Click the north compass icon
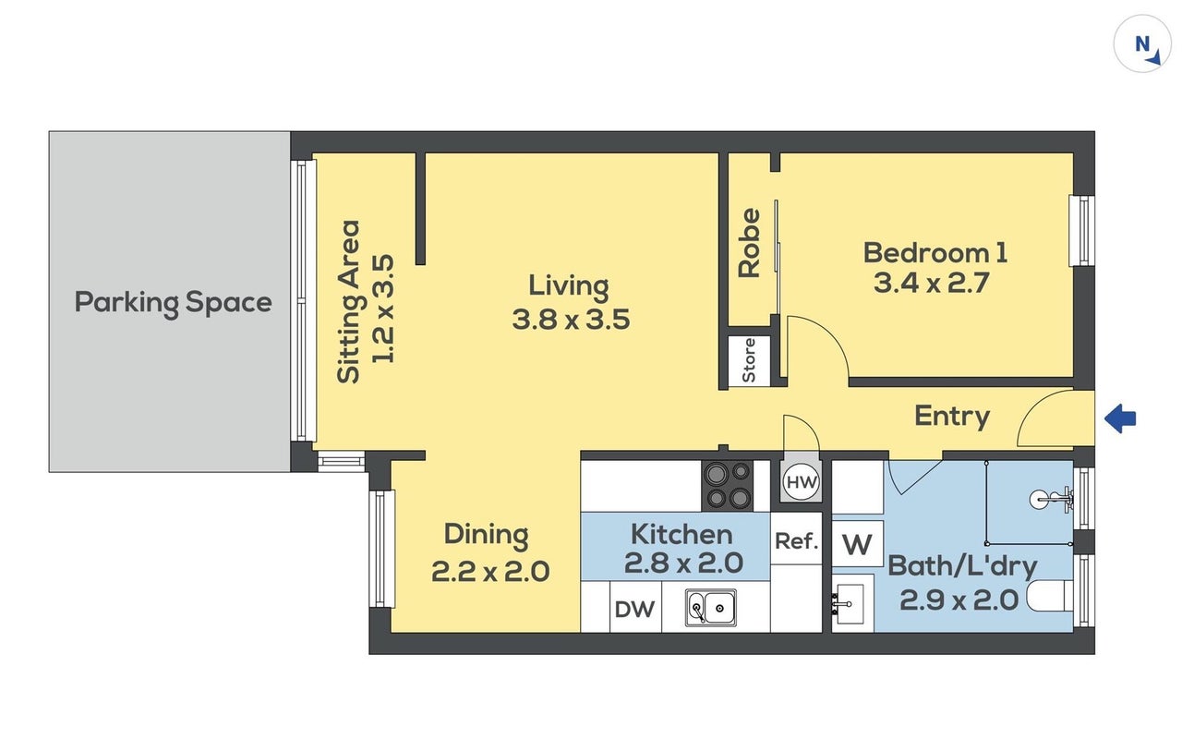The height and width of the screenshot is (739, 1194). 1142,43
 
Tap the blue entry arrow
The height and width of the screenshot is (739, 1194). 1120,418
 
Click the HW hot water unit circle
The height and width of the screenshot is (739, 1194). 802,482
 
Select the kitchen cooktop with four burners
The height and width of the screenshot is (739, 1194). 728,485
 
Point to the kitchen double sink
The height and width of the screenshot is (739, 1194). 710,607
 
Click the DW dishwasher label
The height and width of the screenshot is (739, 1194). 634,609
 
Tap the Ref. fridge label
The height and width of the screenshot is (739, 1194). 796,540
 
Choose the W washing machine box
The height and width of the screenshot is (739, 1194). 857,544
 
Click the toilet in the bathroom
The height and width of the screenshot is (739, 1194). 1049,596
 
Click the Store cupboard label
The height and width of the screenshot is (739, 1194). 748,360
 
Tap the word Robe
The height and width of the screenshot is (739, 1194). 749,243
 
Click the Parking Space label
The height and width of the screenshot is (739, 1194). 174,303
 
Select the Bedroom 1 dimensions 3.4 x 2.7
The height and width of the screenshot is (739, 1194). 931,283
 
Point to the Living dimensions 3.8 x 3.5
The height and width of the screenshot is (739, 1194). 571,320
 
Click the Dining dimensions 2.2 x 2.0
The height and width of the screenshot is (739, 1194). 489,572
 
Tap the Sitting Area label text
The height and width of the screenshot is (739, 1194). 349,302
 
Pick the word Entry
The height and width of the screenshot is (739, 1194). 952,417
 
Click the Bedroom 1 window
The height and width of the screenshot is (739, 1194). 1082,230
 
